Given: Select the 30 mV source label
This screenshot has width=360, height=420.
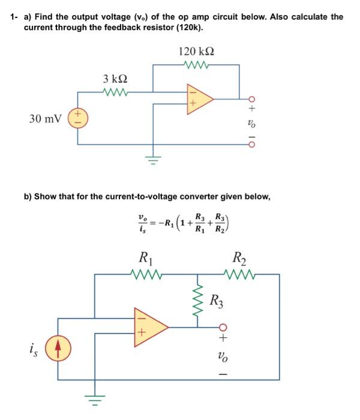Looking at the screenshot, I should click(44, 118).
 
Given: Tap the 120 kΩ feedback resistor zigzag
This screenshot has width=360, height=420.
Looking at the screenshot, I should click(196, 64).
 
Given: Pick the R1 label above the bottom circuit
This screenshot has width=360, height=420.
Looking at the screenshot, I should click(148, 260).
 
